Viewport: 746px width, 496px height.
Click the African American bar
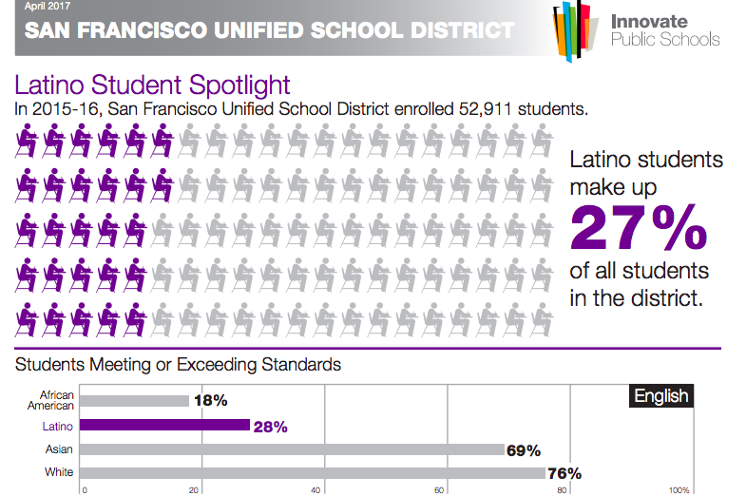click(135, 401)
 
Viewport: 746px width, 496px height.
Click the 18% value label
click(210, 401)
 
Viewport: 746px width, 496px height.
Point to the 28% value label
click(271, 427)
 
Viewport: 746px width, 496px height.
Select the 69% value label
click(524, 450)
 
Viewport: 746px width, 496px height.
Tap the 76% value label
click(564, 473)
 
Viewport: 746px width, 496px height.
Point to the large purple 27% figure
click(638, 226)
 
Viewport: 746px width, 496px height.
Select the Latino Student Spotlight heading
click(153, 86)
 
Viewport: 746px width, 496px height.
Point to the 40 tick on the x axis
click(316, 490)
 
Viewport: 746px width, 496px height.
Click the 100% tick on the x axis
click(679, 490)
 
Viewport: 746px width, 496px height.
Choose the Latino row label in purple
click(60, 427)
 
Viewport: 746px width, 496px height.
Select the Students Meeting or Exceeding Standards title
click(178, 364)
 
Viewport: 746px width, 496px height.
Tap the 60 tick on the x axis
click(439, 490)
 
